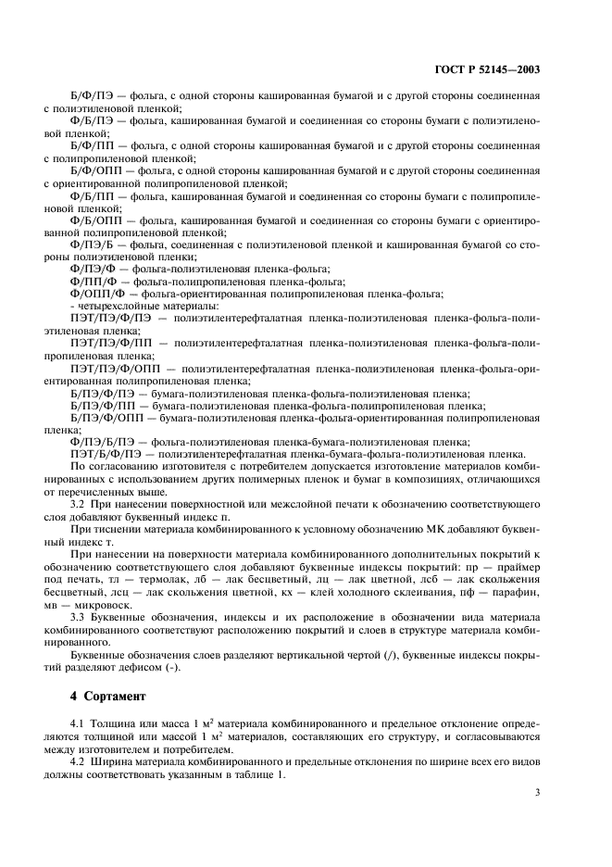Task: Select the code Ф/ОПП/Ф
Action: [x=95, y=294]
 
